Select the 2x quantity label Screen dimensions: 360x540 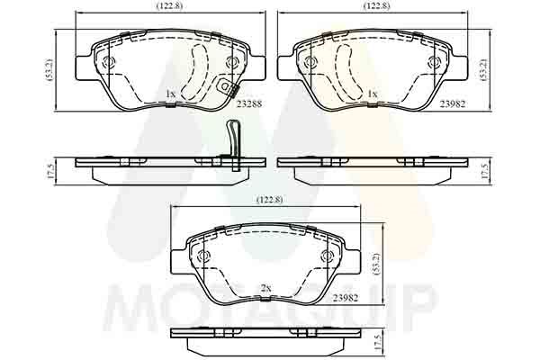point(265,288)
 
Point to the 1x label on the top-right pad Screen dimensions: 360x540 point(372,94)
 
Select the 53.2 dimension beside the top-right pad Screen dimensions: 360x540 point(483,70)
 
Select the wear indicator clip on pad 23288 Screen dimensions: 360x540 point(227,87)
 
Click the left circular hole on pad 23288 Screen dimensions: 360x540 point(108,64)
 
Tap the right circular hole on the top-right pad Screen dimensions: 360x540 point(433,63)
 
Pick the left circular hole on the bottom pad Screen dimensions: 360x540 point(202,257)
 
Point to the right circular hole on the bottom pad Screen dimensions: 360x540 point(327,257)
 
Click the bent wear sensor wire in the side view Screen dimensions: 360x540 point(231,144)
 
